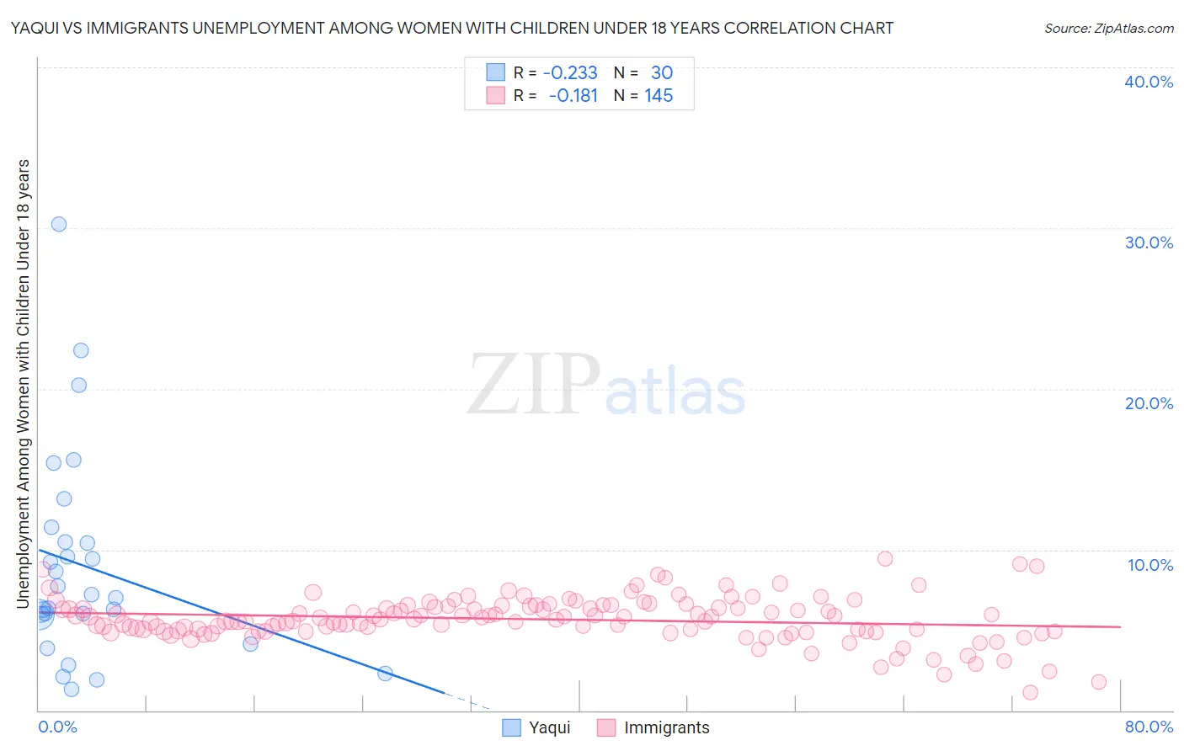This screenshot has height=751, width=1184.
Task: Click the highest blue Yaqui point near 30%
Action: pos(59,224)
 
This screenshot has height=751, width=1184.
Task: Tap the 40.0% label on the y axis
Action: pos(1149,82)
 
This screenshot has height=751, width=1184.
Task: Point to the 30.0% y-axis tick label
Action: pos(1149,242)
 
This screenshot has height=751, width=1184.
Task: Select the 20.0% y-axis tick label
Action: pos(1149,403)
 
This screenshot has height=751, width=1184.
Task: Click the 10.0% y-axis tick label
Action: pos(1150,565)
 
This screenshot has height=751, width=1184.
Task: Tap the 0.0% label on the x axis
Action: pos(57,727)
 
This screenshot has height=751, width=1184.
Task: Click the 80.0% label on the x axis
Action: pos(1149,727)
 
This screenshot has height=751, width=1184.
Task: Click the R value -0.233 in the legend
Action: pos(570,72)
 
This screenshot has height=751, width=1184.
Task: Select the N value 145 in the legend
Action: pos(659,96)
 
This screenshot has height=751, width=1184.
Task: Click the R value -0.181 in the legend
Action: pos(573,96)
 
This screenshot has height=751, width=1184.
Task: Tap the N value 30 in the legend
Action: pos(662,72)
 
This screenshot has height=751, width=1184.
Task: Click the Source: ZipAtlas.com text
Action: pos(1108,28)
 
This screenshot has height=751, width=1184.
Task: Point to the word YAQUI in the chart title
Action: pos(35,28)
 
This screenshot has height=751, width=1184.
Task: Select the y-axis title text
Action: pos(23,383)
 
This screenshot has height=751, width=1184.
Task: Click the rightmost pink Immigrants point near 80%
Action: pos(1099,682)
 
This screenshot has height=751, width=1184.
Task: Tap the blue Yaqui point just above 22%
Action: pos(81,350)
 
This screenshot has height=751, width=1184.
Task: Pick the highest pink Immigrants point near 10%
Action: pos(885,558)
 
